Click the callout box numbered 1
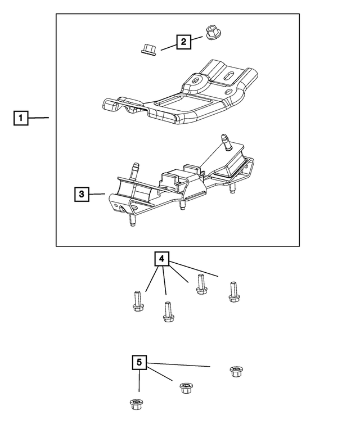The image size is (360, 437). (21, 118)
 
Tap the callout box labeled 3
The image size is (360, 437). (82, 195)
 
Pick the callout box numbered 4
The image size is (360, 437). (161, 259)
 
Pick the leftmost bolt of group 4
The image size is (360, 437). (136, 300)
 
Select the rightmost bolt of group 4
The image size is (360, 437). (233, 291)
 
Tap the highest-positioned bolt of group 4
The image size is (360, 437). (200, 284)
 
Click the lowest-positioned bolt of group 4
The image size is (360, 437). (167, 312)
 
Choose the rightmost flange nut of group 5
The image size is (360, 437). (236, 371)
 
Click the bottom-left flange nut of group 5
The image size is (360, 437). (135, 403)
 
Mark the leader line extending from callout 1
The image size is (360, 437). (39, 118)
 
